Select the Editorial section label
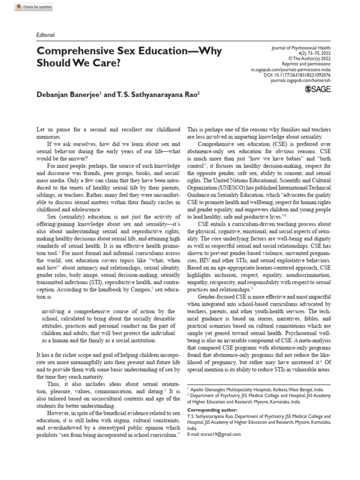(x=45, y=35)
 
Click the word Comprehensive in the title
(x=74, y=51)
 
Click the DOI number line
(x=297, y=75)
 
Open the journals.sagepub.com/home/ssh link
(x=300, y=81)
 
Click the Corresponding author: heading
(x=212, y=410)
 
